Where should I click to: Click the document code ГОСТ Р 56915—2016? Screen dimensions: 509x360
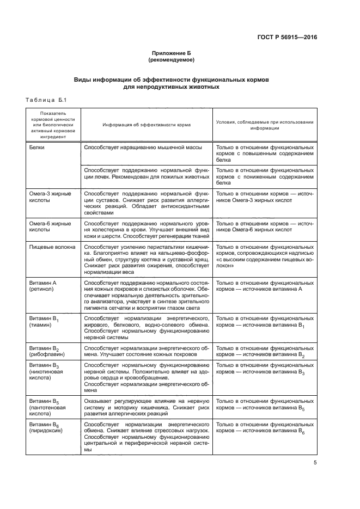pos(287,38)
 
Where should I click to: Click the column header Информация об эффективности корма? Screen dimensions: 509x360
pos(147,125)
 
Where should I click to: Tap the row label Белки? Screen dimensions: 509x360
pos(38,148)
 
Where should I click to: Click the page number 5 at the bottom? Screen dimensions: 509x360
pos(315,463)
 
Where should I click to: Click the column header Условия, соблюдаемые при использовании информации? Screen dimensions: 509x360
pos(265,125)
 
